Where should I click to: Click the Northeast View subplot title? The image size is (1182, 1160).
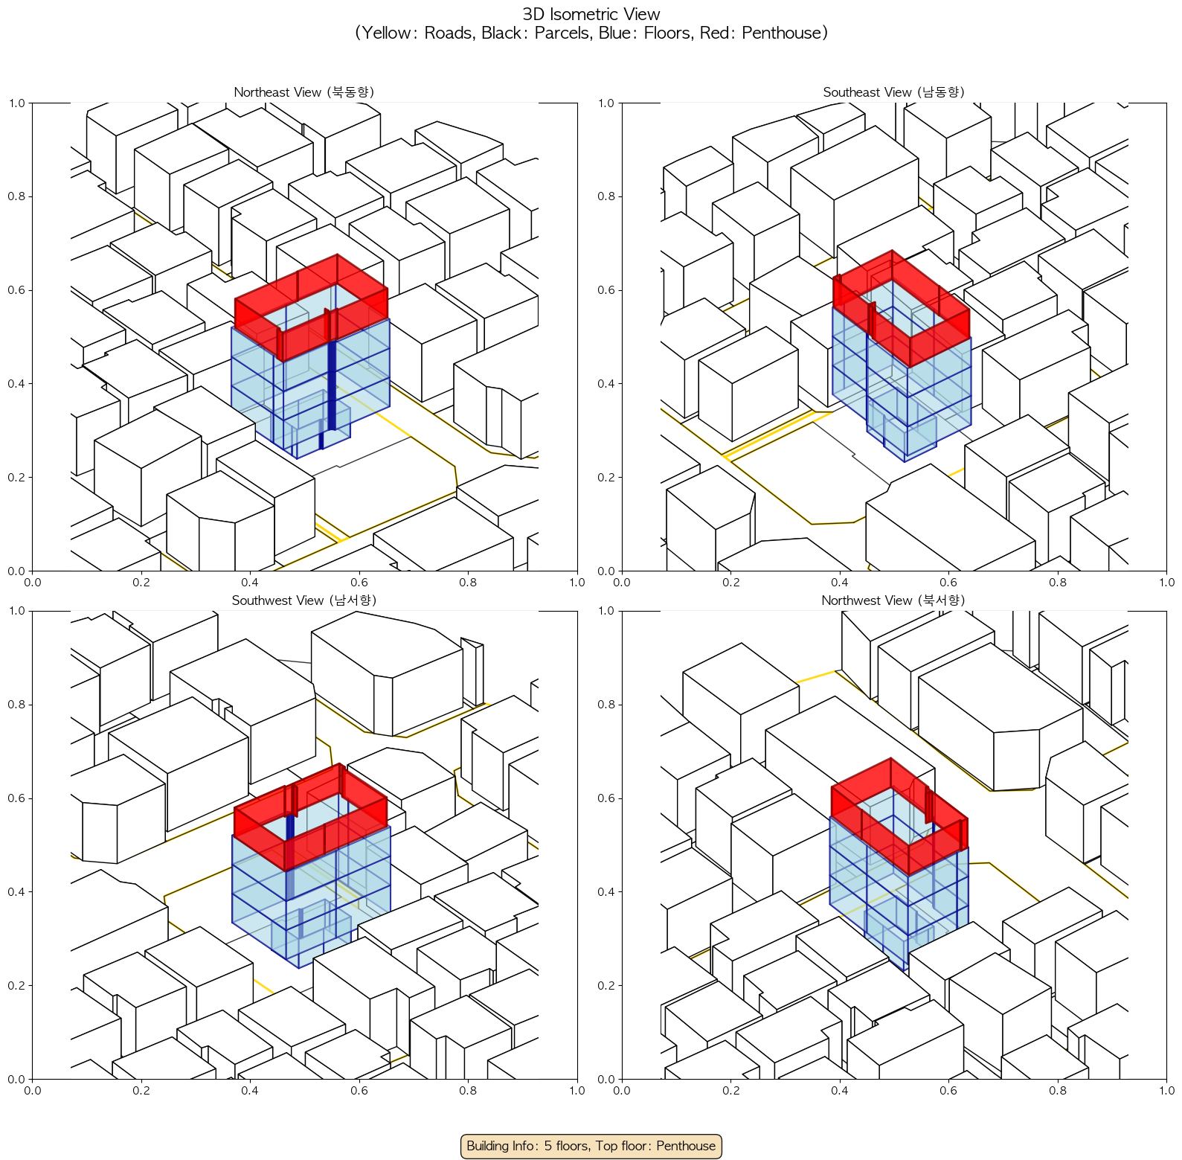304,92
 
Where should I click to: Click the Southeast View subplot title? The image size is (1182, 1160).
893,92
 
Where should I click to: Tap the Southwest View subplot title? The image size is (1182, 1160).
304,600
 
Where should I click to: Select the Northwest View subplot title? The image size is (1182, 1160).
893,600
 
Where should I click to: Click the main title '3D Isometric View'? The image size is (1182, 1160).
591,14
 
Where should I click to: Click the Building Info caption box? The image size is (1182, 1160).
591,1146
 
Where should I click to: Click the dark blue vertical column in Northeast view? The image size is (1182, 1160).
332,383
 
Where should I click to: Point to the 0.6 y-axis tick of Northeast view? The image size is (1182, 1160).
16,290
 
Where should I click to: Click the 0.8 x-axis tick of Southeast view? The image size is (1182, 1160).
1058,583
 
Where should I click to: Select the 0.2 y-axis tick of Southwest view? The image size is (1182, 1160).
16,985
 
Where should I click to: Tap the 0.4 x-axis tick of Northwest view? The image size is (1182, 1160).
840,1091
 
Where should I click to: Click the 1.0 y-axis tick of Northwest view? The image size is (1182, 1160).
606,611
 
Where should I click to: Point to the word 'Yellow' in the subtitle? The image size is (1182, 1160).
389,33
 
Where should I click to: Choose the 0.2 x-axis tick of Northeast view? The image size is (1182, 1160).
141,583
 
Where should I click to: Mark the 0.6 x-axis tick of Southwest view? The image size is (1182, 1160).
359,1091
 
